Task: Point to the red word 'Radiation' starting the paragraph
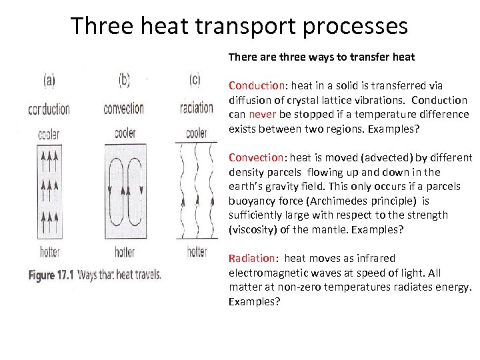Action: tap(251, 258)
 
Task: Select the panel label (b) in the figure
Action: tap(124, 81)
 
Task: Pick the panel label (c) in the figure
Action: tap(195, 81)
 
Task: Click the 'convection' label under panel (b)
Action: tap(124, 108)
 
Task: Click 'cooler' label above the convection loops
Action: tap(125, 133)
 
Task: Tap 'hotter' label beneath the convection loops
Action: tap(125, 252)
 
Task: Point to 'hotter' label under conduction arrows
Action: tap(50, 252)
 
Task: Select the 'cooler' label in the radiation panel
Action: tap(196, 133)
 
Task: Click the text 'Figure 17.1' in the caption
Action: tap(51, 274)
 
